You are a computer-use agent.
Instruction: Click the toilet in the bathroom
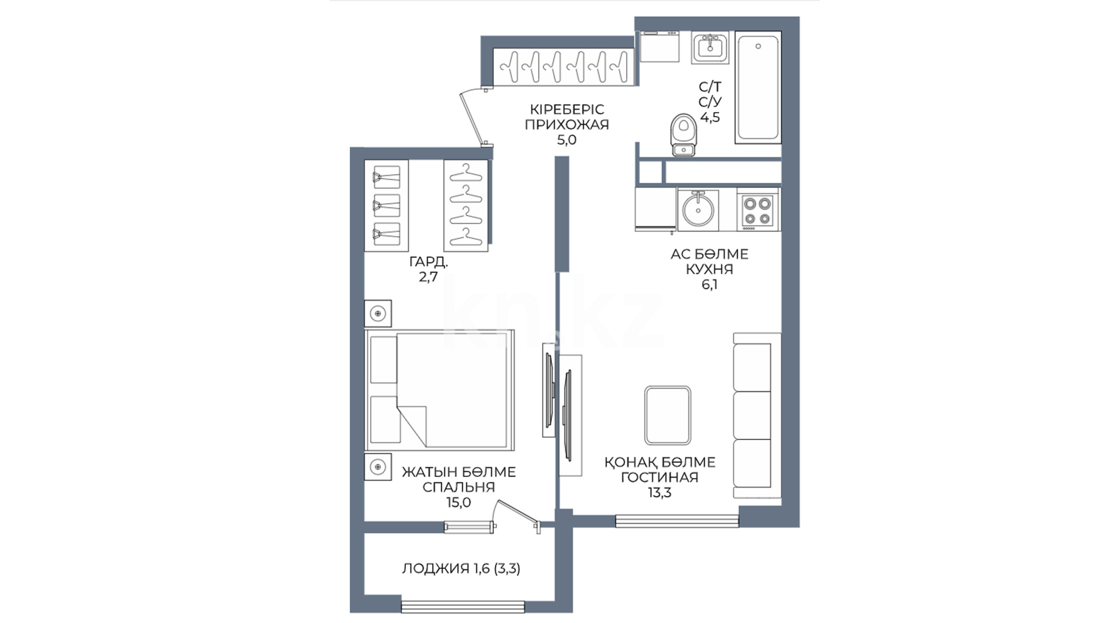(684, 134)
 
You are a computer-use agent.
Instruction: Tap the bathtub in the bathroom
(758, 87)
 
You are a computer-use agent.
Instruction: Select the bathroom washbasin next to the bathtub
(710, 47)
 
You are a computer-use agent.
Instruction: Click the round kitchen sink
(698, 209)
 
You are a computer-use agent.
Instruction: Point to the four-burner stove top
(757, 211)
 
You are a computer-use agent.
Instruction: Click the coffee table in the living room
(668, 415)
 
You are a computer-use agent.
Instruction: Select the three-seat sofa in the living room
(757, 415)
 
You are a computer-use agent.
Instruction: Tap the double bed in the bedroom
(439, 390)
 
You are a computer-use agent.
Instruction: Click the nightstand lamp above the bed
(378, 313)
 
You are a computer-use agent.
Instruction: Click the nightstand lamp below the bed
(378, 466)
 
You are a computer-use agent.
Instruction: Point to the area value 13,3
(660, 493)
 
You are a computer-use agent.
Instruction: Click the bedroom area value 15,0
(459, 502)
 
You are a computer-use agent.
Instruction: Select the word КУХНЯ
(709, 269)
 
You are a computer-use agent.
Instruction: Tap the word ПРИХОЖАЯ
(567, 125)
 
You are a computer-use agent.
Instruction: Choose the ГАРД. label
(429, 262)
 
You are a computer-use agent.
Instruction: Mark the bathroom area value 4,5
(710, 118)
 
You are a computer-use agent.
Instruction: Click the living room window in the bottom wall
(677, 521)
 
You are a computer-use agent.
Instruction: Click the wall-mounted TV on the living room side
(567, 415)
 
